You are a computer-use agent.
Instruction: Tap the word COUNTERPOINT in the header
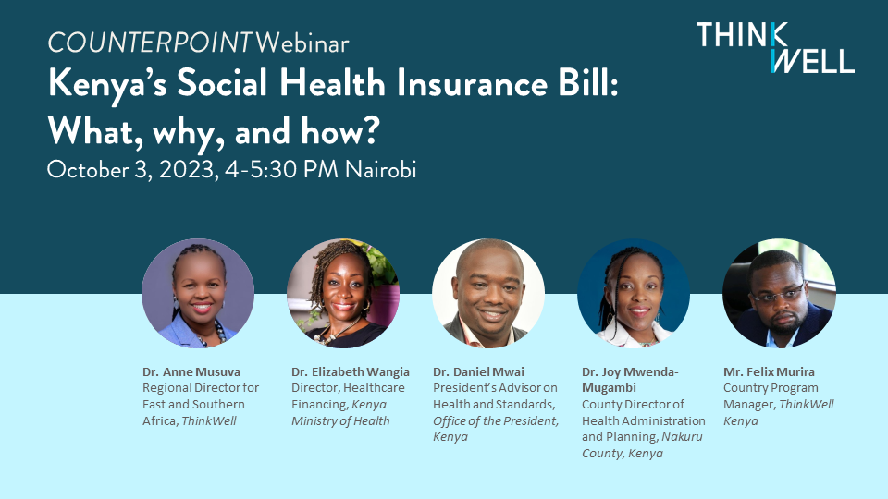click(x=149, y=43)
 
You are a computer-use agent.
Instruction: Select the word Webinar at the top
click(x=302, y=43)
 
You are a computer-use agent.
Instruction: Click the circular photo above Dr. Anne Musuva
click(x=198, y=293)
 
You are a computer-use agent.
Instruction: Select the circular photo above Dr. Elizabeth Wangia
click(x=343, y=293)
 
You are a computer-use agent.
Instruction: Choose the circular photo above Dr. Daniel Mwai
click(x=488, y=293)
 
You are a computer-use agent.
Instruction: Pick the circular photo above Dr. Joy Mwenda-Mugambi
click(x=634, y=293)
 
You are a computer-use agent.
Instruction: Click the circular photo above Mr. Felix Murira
click(x=779, y=293)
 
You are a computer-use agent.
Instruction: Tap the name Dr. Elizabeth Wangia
click(x=351, y=372)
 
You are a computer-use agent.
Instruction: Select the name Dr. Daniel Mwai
click(x=478, y=372)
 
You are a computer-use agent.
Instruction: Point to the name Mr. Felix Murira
click(x=771, y=372)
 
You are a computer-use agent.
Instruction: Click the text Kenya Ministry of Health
click(x=340, y=413)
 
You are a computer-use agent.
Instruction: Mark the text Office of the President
click(x=496, y=420)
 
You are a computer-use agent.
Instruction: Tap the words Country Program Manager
click(x=771, y=396)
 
